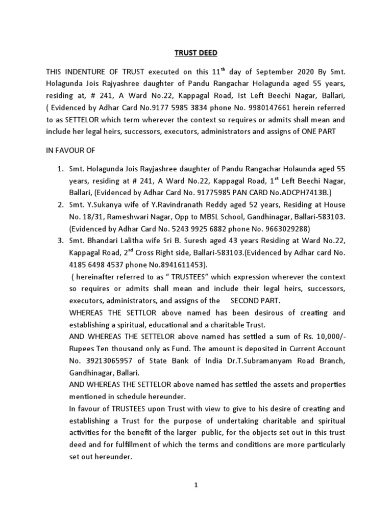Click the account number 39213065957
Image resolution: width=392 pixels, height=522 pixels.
click(113, 361)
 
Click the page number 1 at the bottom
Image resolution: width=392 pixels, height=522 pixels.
click(196, 486)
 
